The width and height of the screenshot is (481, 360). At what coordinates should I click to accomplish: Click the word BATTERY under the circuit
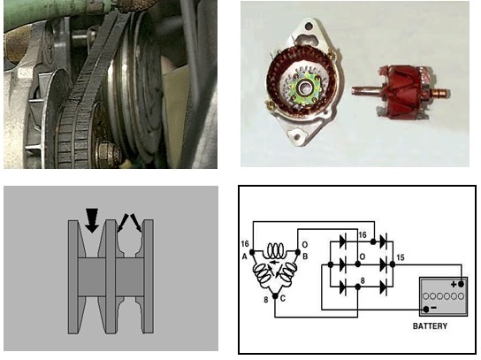point(430,326)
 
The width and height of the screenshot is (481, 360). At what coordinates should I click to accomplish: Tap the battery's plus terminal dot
point(461,284)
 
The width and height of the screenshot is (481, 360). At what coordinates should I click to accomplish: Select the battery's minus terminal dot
point(426,310)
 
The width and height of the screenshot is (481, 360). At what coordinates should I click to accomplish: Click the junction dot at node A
point(253,252)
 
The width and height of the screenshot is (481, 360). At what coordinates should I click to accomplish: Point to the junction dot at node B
point(298,252)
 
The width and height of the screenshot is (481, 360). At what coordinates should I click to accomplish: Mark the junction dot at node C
point(275,296)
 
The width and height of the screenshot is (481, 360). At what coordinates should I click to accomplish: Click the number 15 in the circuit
point(401,257)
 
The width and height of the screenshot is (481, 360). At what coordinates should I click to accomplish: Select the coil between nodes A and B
point(275,250)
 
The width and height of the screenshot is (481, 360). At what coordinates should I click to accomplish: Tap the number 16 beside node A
point(245,243)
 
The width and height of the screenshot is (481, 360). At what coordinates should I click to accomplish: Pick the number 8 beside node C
point(266,300)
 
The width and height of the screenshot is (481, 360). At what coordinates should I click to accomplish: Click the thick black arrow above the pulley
point(92,220)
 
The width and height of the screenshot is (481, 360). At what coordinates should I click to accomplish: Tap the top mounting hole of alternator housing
point(309,25)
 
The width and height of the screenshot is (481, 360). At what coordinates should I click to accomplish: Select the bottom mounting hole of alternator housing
point(296,134)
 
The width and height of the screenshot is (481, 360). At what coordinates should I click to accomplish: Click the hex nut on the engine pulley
point(107,153)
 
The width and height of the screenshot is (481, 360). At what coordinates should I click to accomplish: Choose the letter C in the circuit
point(283,298)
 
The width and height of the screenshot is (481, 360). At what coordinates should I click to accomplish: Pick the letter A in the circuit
point(245,257)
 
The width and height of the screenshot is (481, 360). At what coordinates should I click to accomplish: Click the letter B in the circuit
point(305,257)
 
